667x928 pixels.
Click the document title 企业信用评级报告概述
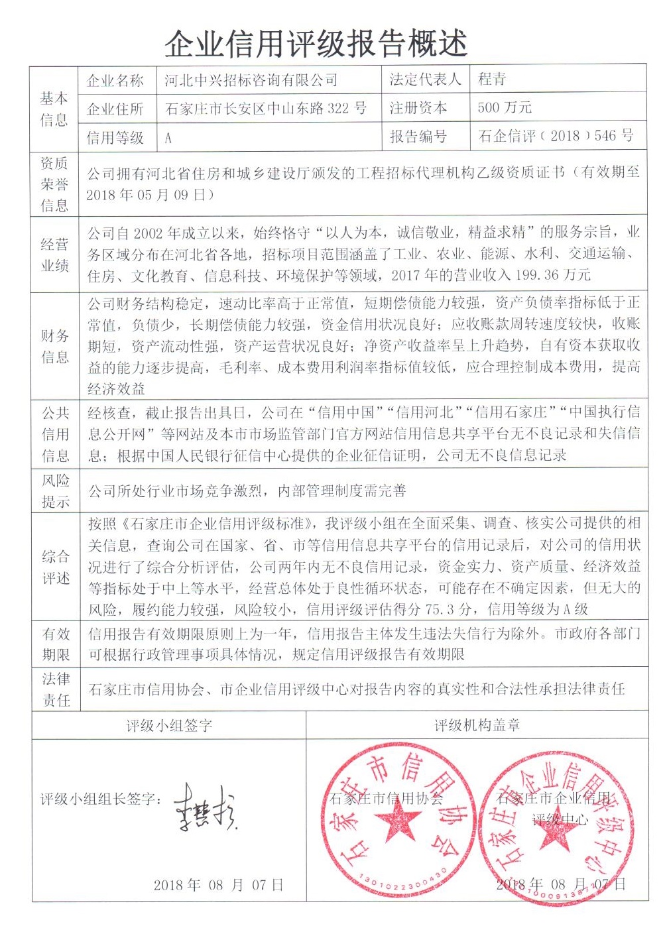316,43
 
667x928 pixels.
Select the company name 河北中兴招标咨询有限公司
251,80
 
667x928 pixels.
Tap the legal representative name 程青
492,80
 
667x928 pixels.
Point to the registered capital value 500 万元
505,107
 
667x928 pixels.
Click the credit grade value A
168,138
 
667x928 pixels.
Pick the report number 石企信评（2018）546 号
556,136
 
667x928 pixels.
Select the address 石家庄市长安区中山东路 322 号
265,108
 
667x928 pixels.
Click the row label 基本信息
54,109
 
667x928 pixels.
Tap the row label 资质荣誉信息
54,184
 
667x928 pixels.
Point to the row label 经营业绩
54,255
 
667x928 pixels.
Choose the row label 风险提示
55,491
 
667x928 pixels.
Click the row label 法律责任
56,689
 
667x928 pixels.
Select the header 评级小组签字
169,725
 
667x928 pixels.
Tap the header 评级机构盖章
477,725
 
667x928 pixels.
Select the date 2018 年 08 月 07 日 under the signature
218,885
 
